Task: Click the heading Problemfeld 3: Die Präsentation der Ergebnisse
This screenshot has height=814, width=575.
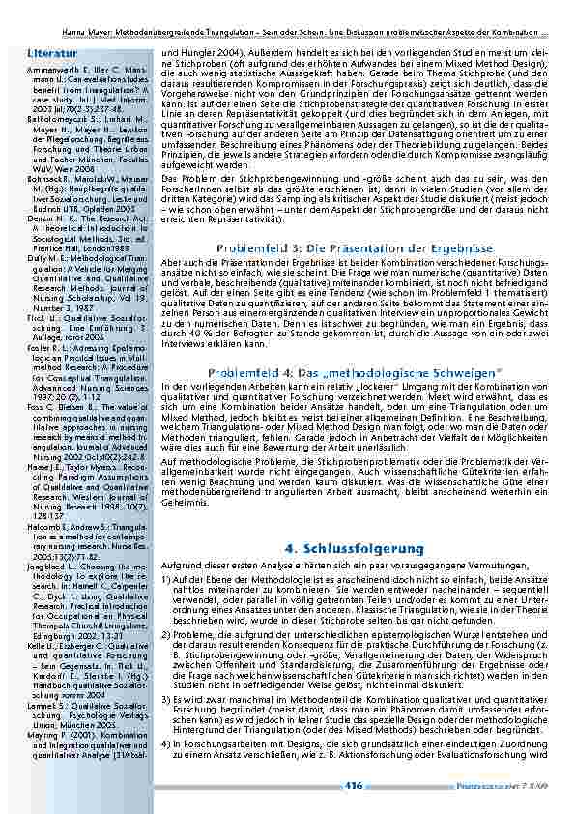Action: tap(348, 249)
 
